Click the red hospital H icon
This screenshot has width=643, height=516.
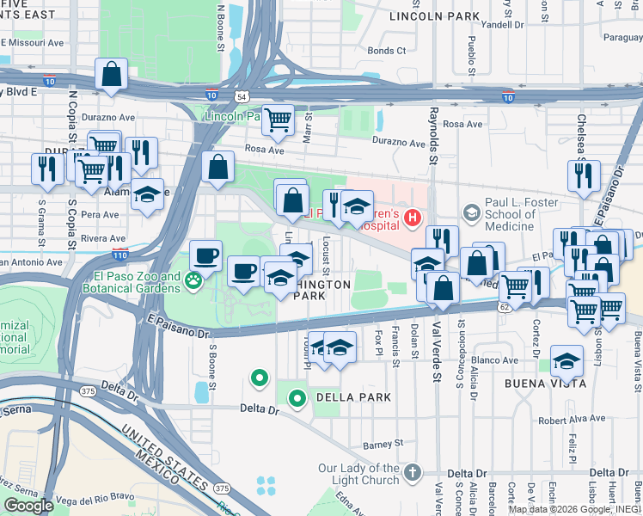[x=412, y=218]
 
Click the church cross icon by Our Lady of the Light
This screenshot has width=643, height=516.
[x=413, y=472]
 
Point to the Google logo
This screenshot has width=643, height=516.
[x=28, y=506]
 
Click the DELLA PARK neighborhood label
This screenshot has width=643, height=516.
[x=353, y=397]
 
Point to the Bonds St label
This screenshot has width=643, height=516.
[x=386, y=51]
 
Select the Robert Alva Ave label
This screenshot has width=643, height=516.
[x=572, y=421]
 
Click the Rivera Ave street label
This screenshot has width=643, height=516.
[x=103, y=238]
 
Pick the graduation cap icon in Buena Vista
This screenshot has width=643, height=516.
[x=566, y=362]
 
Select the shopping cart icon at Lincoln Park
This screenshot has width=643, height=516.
[x=278, y=123]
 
